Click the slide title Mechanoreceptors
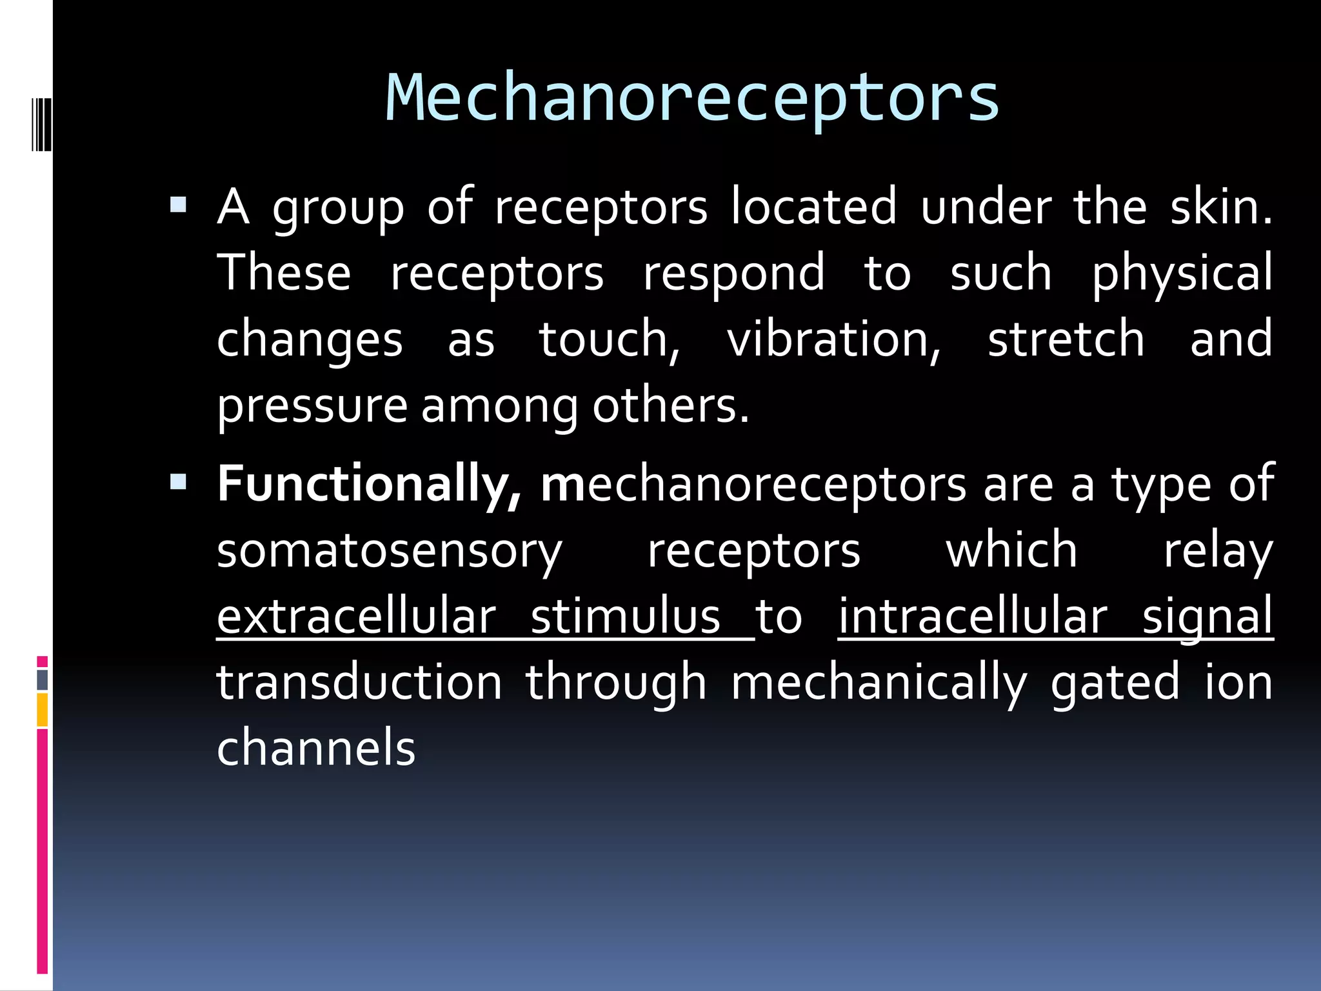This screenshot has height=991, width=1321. (x=692, y=98)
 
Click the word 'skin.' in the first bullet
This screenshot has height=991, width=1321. (x=1222, y=208)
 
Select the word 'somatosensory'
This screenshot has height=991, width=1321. (x=390, y=552)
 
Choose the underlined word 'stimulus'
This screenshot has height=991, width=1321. (x=625, y=617)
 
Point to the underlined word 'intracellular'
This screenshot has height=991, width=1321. (x=973, y=617)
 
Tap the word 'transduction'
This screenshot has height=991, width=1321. (x=359, y=683)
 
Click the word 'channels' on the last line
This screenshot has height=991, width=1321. (x=316, y=748)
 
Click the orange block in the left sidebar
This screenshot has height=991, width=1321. (x=42, y=710)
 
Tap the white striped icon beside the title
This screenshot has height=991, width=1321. (x=41, y=125)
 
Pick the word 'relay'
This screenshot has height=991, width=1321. (x=1218, y=552)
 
